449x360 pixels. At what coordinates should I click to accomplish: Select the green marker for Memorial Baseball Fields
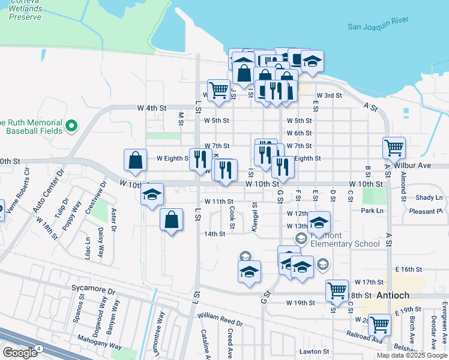(71, 126)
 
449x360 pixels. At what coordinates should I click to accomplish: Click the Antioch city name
(393, 296)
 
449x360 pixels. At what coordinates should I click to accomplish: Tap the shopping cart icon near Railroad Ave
(379, 324)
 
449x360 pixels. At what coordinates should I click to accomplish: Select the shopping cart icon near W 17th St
(337, 290)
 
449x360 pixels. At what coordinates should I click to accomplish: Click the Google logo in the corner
(19, 352)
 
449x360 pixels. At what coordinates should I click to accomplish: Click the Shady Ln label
(429, 197)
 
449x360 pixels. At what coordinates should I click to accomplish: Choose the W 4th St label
(151, 108)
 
